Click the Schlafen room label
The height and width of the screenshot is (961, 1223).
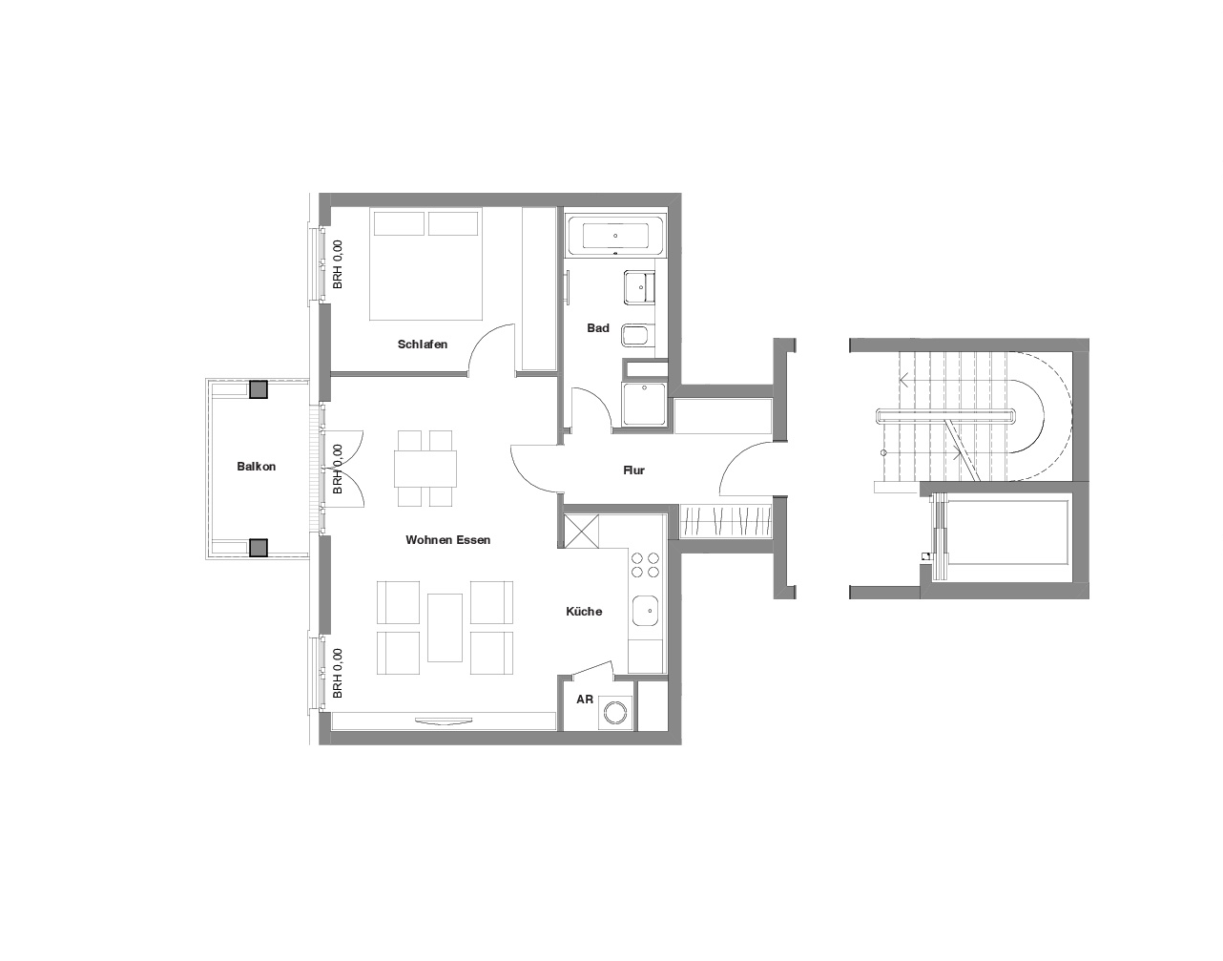[x=422, y=344]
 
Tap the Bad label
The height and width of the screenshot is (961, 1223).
[x=598, y=327]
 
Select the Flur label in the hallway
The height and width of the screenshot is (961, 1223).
[x=633, y=470]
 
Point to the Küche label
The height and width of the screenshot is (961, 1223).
[x=584, y=612]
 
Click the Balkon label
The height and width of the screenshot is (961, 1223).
[x=256, y=466]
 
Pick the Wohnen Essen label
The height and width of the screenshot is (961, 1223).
[x=448, y=540]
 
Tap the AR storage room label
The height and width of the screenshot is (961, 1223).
[x=585, y=700]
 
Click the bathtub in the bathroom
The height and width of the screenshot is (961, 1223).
[x=615, y=236]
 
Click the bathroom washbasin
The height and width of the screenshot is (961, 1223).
[x=640, y=287]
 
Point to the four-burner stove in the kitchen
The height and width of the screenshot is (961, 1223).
[x=646, y=565]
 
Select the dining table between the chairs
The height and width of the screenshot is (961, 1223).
[x=425, y=469]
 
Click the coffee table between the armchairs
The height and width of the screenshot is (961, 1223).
[x=445, y=627]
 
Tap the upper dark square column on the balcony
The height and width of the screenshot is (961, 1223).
[x=259, y=389]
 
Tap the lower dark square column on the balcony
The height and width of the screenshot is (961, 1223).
[x=259, y=547]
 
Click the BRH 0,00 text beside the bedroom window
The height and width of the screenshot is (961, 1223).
[x=337, y=264]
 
